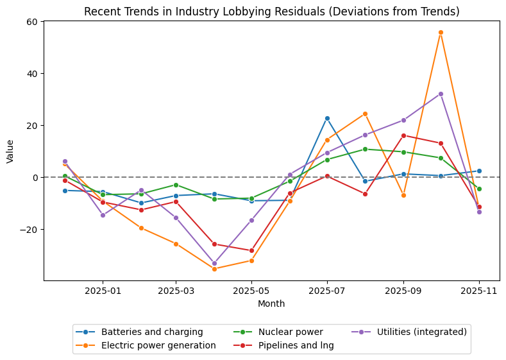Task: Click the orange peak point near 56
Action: point(441,32)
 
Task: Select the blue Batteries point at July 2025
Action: point(327,118)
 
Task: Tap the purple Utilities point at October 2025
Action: point(441,94)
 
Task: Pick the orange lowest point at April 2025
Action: point(214,269)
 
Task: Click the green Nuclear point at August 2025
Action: point(365,149)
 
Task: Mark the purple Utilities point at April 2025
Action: point(214,263)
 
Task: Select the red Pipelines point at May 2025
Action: point(251,250)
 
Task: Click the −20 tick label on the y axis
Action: point(30,229)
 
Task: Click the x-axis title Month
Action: point(271,304)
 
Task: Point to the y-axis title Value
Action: point(10,151)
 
